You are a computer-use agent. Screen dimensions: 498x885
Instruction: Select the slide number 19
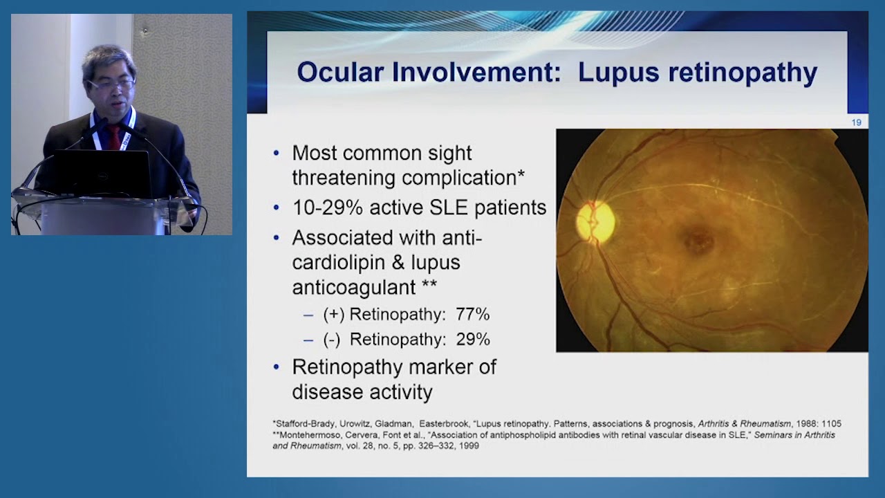(856, 122)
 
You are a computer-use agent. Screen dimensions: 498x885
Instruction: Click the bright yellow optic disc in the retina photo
(595, 221)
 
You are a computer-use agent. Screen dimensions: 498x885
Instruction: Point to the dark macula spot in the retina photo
(698, 241)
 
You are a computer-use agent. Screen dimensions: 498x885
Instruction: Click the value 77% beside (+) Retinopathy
(472, 315)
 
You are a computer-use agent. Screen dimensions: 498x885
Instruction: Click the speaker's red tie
(113, 137)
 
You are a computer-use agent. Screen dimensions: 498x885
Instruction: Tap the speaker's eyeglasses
(111, 84)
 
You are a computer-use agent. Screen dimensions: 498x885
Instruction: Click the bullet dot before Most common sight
(277, 153)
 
